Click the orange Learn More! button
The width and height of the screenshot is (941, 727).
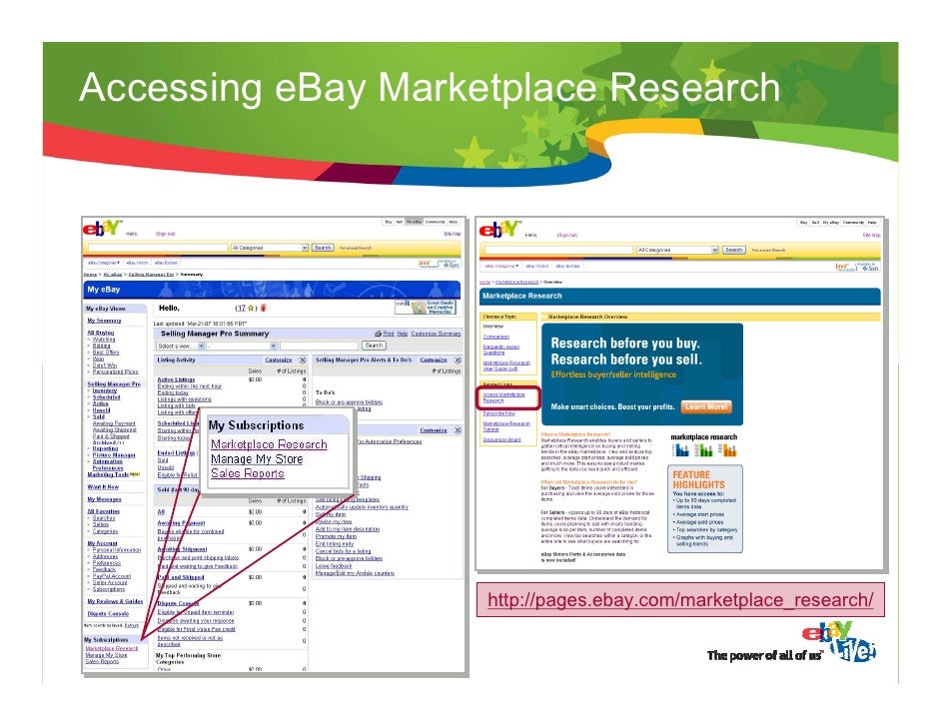coord(706,407)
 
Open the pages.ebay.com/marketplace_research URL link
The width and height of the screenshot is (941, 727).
coord(680,599)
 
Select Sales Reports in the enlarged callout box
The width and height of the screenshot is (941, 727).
coord(247,474)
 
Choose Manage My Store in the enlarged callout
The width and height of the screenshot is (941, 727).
coord(256,459)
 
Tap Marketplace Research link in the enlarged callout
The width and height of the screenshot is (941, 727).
coord(269,444)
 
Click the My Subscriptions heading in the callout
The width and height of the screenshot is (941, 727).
coord(256,425)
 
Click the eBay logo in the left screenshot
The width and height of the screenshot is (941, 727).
coord(103,229)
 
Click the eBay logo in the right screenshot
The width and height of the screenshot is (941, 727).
coord(500,230)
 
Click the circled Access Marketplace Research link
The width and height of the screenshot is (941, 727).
coord(506,397)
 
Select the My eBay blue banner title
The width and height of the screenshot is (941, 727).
coord(104,290)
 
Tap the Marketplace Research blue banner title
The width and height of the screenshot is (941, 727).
coord(522,296)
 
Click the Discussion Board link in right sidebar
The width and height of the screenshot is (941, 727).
coord(501,439)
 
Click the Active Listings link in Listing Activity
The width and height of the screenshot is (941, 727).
coord(176,379)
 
